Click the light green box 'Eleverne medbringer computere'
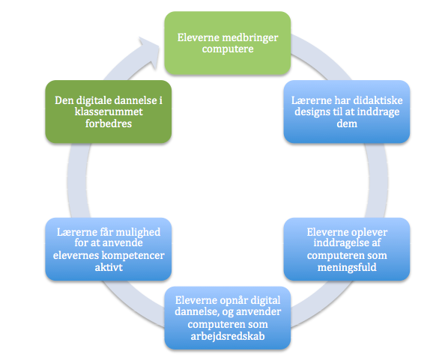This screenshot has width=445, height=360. (228, 43)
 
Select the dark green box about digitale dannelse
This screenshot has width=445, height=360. (109, 112)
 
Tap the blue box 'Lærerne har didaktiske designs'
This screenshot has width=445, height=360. (347, 112)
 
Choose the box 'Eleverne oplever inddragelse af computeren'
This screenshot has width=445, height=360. (347, 249)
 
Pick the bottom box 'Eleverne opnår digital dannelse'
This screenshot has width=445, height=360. (228, 318)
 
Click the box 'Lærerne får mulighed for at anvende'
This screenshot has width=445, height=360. (109, 249)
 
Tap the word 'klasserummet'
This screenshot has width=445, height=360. (109, 112)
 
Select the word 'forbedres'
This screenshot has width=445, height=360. (109, 123)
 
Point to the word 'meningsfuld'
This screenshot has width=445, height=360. (347, 267)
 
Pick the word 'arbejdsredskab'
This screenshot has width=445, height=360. (228, 336)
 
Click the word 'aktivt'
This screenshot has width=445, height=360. (109, 267)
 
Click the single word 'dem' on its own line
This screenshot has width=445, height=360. (347, 123)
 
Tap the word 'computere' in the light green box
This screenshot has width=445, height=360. (228, 49)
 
